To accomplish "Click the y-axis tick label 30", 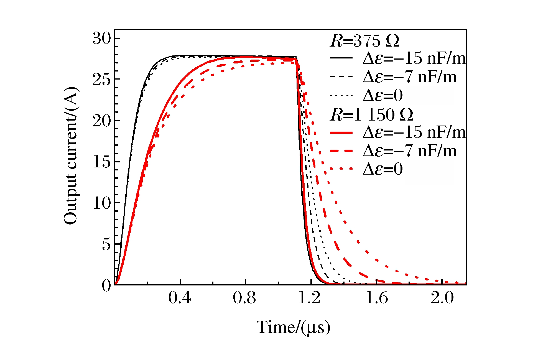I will [102, 38].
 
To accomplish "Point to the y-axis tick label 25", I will [102, 80].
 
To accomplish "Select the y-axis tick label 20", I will [102, 121].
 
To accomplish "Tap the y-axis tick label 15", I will [102, 162].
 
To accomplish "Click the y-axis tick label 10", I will [102, 203].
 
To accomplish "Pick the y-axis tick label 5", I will [106, 244].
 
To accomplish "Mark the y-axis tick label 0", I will [106, 285].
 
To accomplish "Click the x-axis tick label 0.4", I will [180, 298].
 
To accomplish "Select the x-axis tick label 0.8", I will [244, 298].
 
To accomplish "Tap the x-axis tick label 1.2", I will [310, 298].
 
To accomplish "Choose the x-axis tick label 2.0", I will [442, 298].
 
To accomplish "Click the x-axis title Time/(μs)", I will [293, 327].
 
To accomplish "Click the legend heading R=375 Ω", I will [365, 41].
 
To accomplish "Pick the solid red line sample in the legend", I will [341, 133].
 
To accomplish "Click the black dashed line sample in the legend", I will [341, 76].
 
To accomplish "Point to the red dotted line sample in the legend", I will [341, 169].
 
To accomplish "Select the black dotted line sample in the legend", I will [341, 95].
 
